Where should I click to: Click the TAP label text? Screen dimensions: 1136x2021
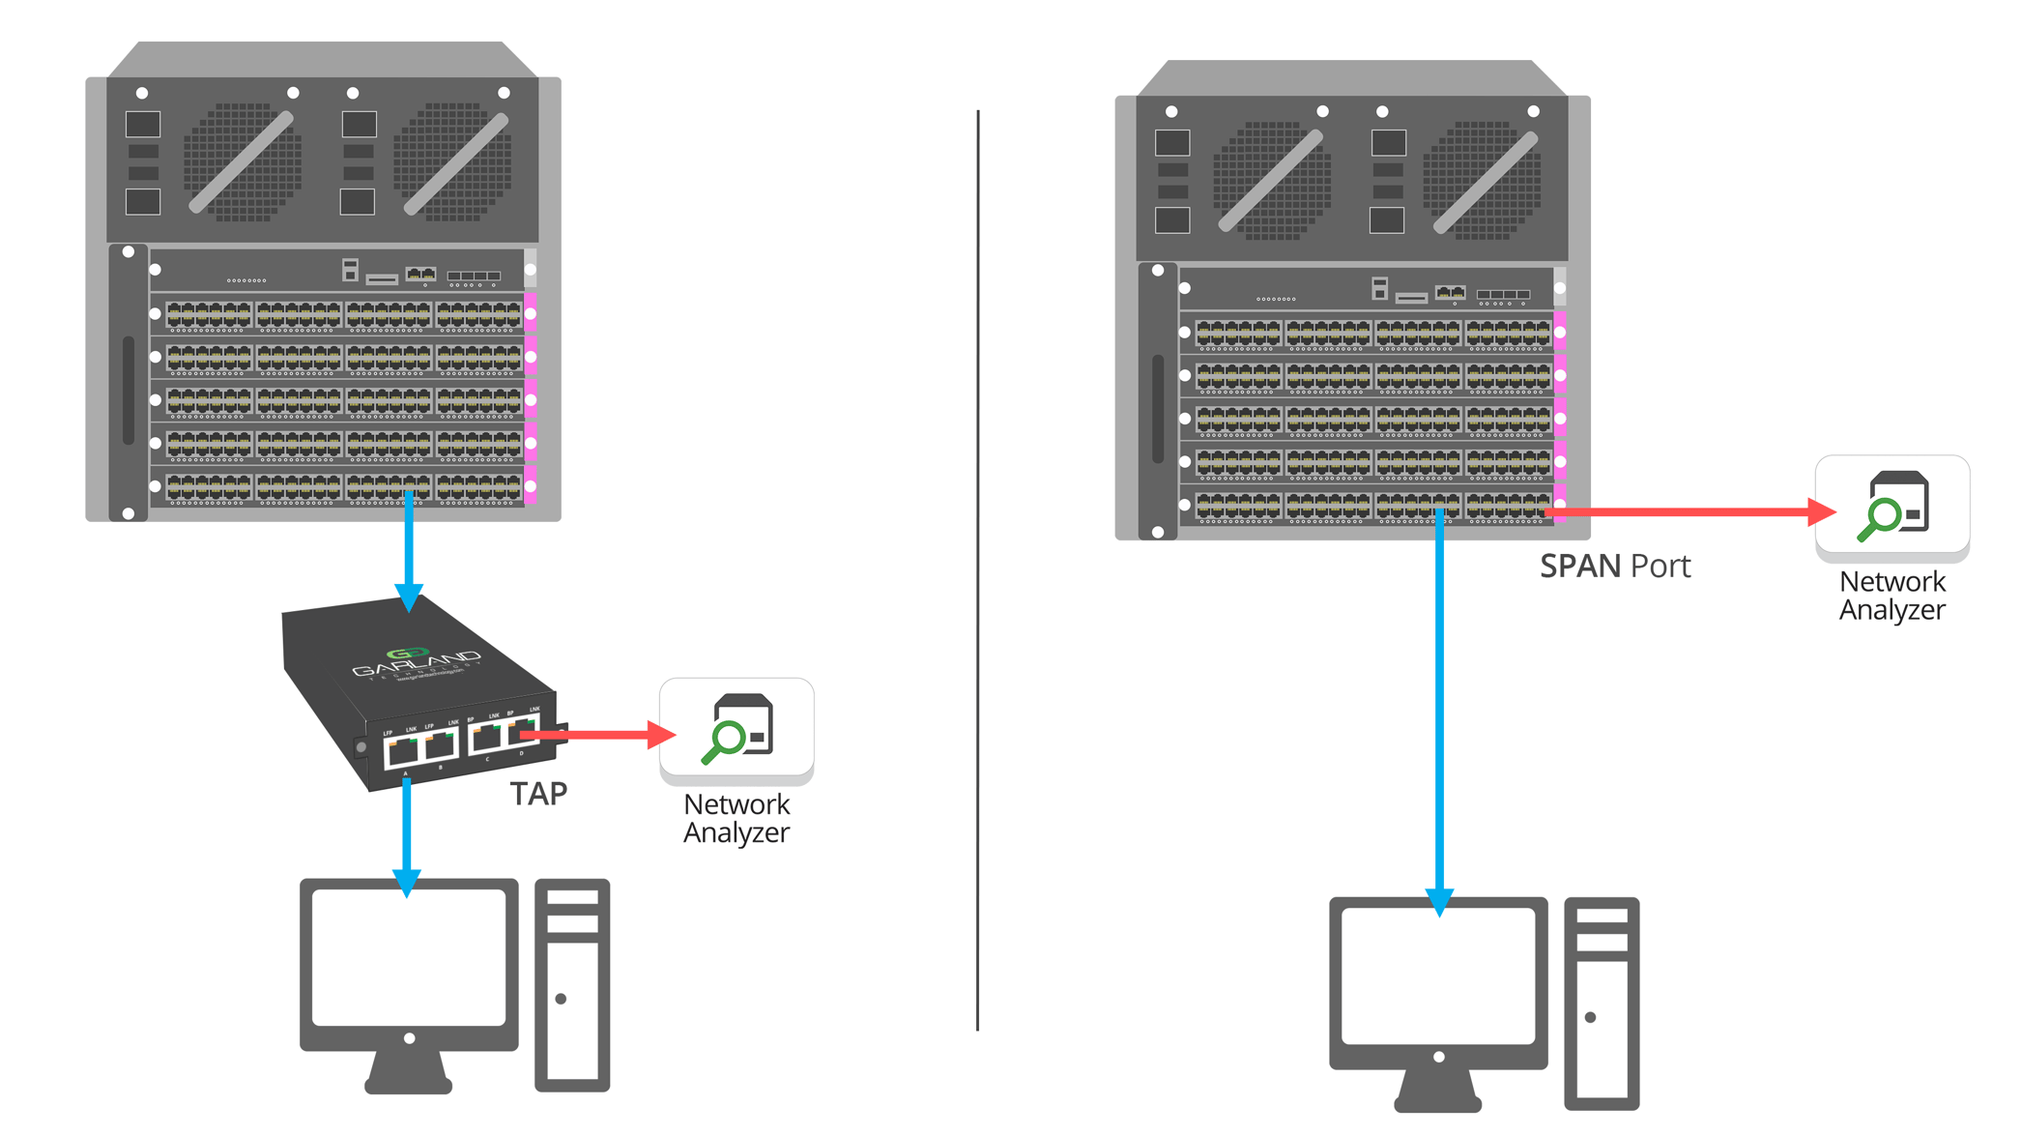point(538,794)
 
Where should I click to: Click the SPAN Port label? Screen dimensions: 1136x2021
point(1614,566)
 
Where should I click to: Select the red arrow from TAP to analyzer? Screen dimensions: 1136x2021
point(599,736)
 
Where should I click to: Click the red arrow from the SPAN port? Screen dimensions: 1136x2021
point(1691,511)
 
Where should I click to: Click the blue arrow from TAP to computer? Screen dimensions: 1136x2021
point(407,831)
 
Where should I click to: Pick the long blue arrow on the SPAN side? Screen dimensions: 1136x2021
point(1439,715)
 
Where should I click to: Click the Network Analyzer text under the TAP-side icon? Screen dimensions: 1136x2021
point(736,818)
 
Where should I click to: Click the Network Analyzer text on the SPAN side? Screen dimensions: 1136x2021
point(1891,596)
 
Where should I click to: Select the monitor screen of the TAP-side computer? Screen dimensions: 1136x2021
point(409,957)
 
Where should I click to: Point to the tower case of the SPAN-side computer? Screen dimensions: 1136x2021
point(1602,1004)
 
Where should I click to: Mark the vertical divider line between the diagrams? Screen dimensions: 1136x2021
point(977,570)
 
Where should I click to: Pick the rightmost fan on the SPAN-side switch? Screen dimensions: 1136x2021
point(1483,180)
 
